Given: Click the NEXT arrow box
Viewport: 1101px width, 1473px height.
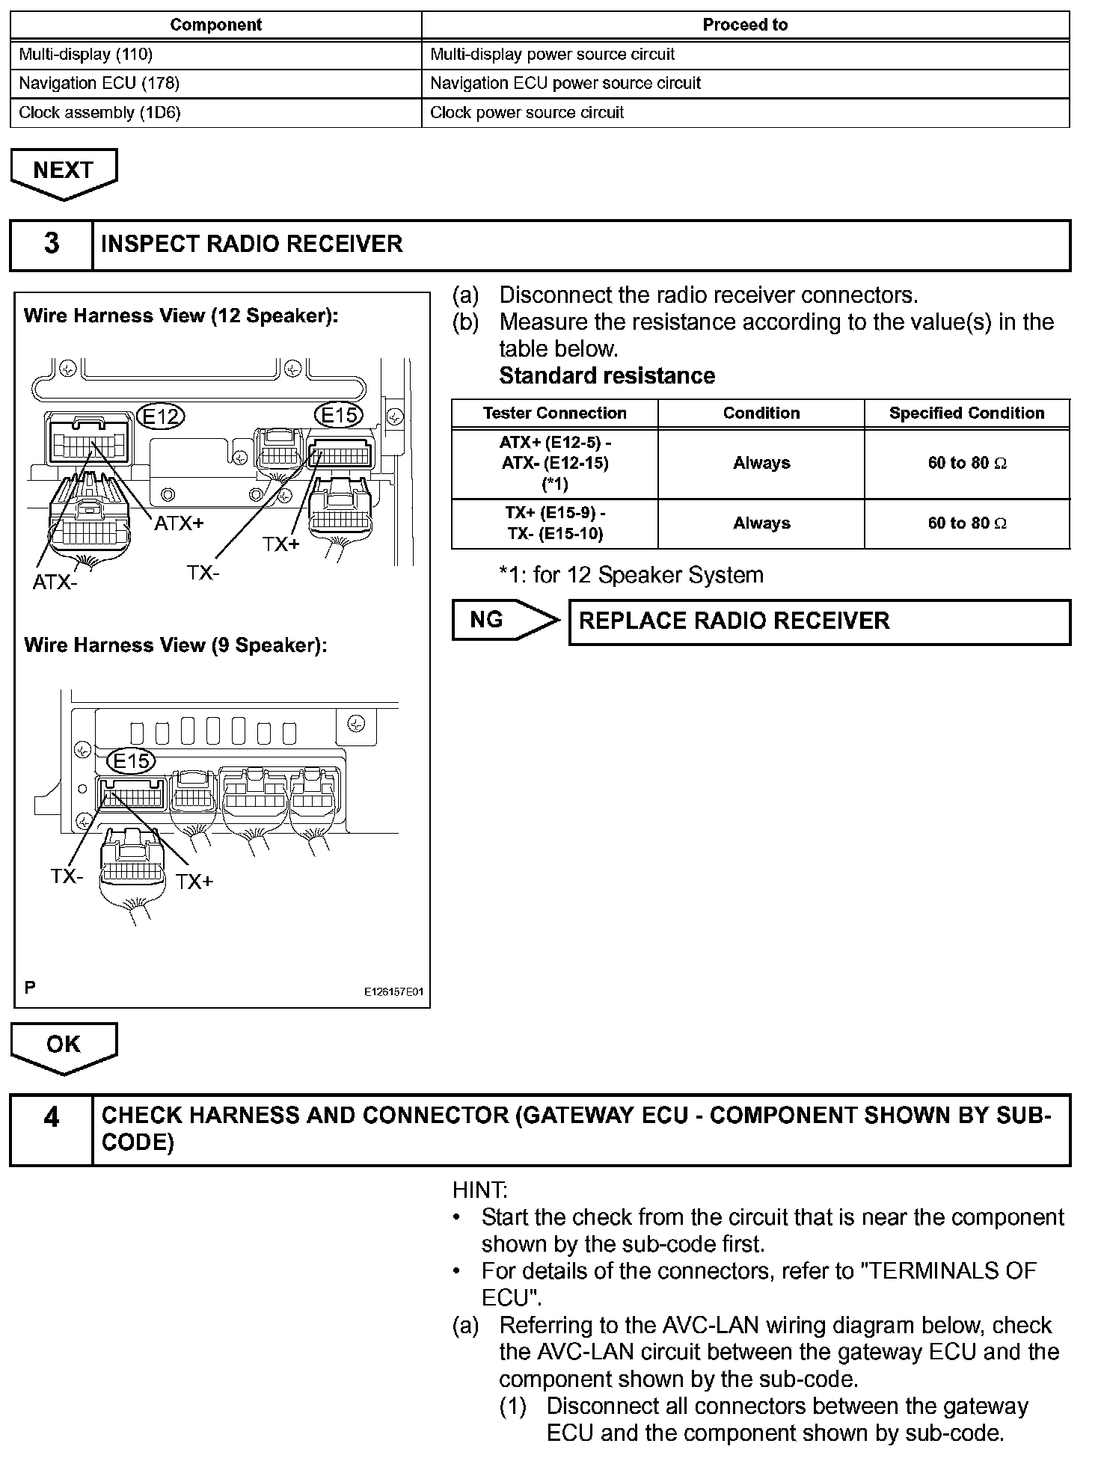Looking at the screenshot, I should (x=64, y=171).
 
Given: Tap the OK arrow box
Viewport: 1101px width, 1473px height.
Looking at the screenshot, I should (x=64, y=1045).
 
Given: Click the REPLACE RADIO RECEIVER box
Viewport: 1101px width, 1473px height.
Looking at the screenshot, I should (x=819, y=621).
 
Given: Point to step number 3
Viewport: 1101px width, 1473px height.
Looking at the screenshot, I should (x=52, y=244).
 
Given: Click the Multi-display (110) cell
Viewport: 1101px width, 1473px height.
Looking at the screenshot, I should (x=215, y=55).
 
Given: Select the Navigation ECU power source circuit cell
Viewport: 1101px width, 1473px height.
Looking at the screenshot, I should (x=745, y=83).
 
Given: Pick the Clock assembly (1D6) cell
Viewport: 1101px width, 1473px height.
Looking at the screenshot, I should (x=215, y=113).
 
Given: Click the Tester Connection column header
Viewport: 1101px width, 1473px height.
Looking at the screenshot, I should (x=554, y=413).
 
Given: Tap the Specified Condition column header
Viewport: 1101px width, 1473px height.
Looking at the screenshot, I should (x=966, y=413).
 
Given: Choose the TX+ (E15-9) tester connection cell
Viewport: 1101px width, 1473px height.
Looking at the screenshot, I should (x=554, y=523).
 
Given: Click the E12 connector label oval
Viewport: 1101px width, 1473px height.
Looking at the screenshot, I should (x=162, y=416).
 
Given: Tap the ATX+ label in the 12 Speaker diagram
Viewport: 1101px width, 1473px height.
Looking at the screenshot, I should (x=180, y=523).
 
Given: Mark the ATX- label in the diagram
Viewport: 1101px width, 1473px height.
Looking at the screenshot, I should (x=55, y=582).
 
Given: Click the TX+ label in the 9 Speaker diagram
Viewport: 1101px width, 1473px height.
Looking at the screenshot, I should (x=195, y=882).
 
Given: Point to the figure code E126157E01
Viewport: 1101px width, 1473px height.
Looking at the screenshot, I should (x=393, y=991).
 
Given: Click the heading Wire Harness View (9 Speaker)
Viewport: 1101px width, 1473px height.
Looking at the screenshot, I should (x=176, y=645).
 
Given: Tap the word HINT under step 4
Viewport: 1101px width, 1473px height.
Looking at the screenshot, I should (x=479, y=1190).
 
